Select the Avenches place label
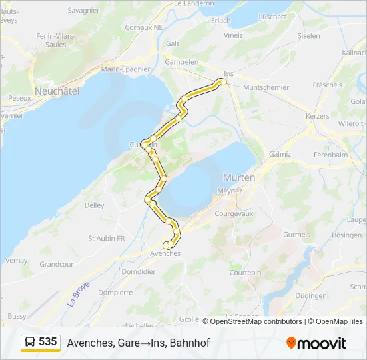[165, 254]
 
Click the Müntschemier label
[266, 87]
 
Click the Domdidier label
[139, 272]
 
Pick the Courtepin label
[245, 273]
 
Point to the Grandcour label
[57, 264]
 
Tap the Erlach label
[220, 21]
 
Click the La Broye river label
[79, 293]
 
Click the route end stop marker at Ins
[224, 82]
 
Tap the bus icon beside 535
[30, 343]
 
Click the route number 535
[47, 342]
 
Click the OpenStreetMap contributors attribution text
[256, 321]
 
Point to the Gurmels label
[297, 235]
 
